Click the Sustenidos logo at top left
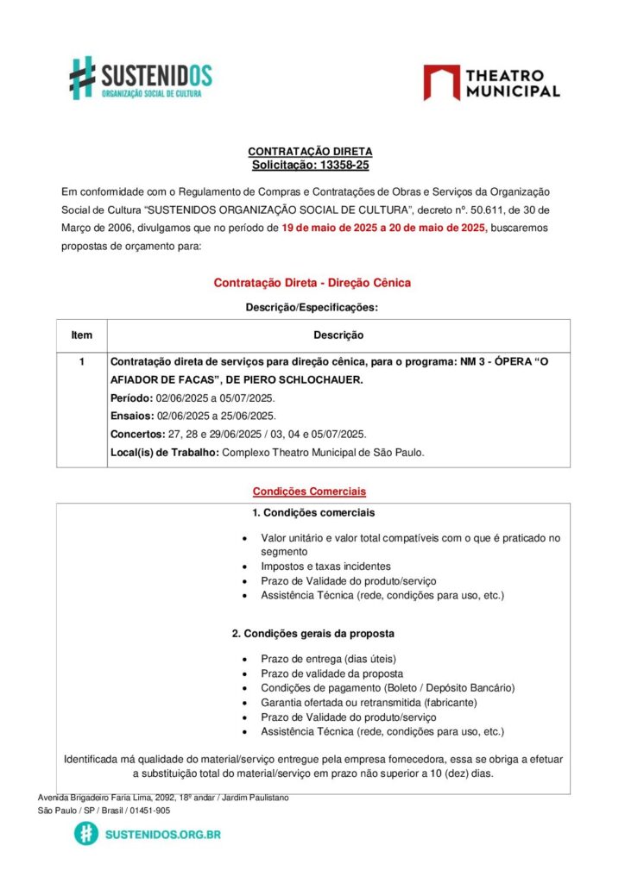pos(140,78)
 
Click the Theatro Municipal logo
pos(491,83)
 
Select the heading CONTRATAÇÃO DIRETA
pos(310,152)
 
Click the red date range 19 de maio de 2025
pos(339,228)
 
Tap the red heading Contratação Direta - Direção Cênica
pos(312,283)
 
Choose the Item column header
pos(82,335)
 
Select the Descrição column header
pos(338,335)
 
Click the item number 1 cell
pos(82,362)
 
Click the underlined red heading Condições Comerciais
pos(309,492)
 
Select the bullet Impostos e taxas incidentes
pos(325,567)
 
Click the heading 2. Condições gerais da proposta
pos(313,634)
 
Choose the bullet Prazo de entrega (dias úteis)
pos(329,660)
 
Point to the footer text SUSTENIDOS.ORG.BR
pos(162,835)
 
